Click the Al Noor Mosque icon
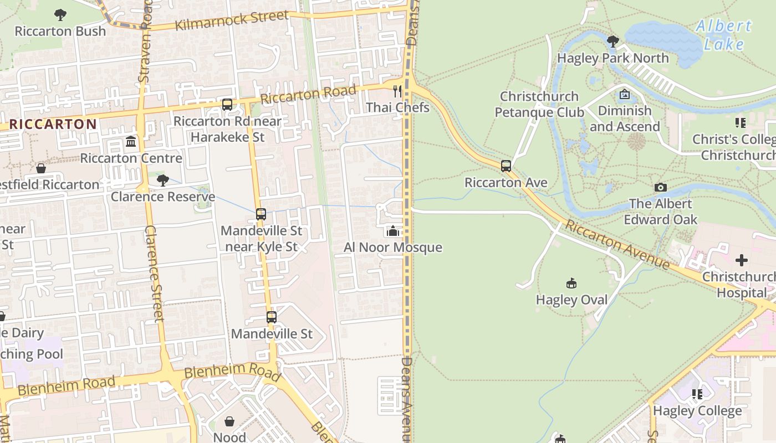point(393,231)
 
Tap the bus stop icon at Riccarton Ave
point(506,166)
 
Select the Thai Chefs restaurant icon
point(397,91)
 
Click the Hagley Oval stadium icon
point(571,284)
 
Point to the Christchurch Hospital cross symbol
point(741,260)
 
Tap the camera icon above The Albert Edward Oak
point(660,187)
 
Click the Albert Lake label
point(723,34)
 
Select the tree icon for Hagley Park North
point(612,42)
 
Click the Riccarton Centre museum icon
point(131,142)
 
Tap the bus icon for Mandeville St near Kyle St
point(261,214)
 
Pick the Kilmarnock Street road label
point(232,21)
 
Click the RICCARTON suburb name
point(53,124)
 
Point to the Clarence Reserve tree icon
point(162,180)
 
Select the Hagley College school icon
point(697,394)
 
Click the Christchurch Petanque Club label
point(539,104)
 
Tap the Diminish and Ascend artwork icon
point(625,95)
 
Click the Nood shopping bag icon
point(229,421)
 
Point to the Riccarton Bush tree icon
point(60,15)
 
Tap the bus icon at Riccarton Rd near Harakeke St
point(227,104)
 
